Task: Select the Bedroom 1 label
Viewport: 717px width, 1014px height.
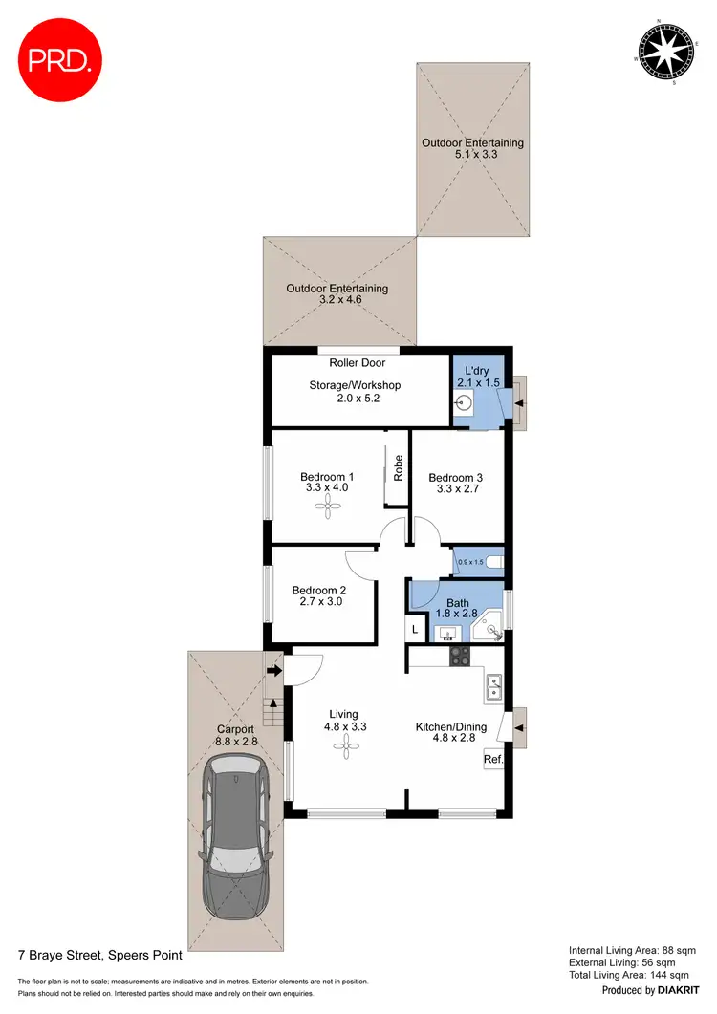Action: [x=327, y=477]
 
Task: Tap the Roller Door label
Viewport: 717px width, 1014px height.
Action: [x=357, y=363]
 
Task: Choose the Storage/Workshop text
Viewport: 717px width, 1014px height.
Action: [x=355, y=385]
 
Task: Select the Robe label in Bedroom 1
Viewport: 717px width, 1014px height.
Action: [x=398, y=465]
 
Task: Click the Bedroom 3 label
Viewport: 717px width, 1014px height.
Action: [x=455, y=478]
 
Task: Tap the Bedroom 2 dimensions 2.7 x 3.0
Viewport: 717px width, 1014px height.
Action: [x=317, y=602]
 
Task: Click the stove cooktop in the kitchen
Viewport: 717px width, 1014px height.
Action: [x=459, y=657]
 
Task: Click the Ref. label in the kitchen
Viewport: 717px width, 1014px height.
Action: [x=493, y=760]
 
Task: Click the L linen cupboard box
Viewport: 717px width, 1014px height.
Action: [x=415, y=630]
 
